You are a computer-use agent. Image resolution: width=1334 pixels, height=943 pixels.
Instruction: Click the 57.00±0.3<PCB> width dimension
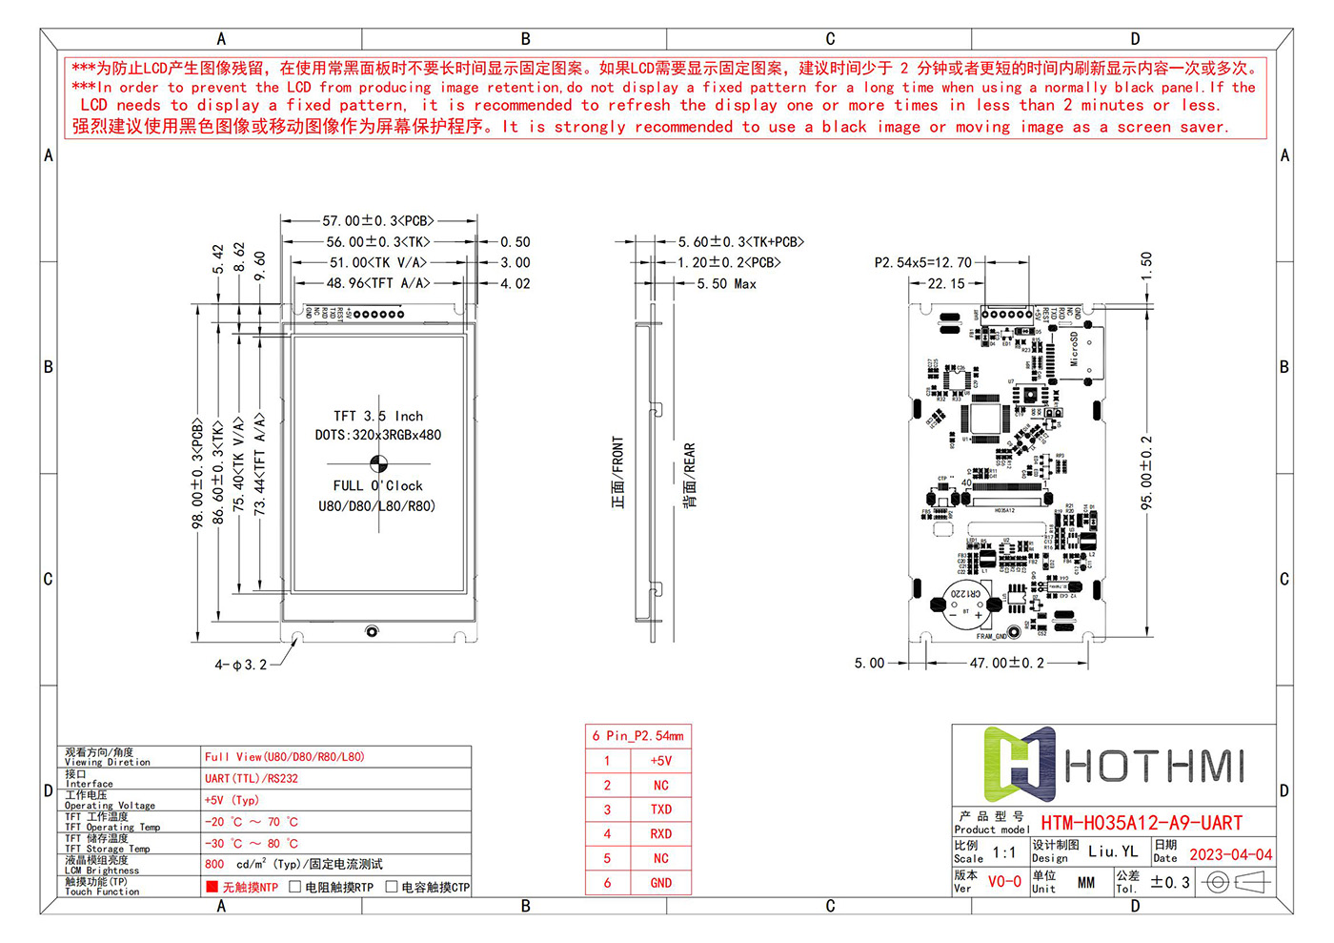click(378, 221)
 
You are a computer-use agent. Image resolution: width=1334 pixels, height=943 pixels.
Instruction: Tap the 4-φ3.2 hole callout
click(240, 665)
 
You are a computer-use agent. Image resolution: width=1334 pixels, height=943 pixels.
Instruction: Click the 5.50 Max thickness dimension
click(726, 284)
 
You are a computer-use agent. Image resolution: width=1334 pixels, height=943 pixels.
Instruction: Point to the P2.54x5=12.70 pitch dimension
click(922, 262)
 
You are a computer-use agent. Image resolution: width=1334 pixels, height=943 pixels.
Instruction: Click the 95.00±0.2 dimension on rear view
click(1146, 473)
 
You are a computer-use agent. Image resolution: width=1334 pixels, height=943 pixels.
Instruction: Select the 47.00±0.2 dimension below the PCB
click(1006, 663)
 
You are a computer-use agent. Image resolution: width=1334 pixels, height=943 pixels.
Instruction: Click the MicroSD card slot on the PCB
click(1083, 353)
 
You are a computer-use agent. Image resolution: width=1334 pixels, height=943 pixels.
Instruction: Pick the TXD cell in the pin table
click(660, 810)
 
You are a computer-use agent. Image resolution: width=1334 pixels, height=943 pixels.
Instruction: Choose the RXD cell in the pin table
click(660, 834)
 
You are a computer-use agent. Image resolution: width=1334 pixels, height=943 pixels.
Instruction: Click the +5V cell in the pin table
click(660, 761)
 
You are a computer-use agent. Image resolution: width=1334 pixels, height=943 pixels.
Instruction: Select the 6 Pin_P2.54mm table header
click(637, 736)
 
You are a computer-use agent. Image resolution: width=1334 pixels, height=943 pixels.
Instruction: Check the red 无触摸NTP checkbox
click(212, 887)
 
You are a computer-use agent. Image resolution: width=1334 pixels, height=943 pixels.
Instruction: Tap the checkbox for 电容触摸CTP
click(392, 887)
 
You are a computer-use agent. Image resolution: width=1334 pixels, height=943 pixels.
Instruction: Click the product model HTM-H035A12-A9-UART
click(1141, 823)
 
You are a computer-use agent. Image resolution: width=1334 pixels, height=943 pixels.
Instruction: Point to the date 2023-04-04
click(1230, 855)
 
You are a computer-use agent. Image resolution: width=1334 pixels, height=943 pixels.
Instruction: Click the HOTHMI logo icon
click(1018, 764)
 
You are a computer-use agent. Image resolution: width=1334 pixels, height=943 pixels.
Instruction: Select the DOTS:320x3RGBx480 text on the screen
click(378, 435)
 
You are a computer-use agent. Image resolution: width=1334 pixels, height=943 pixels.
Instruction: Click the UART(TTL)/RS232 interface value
click(252, 779)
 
